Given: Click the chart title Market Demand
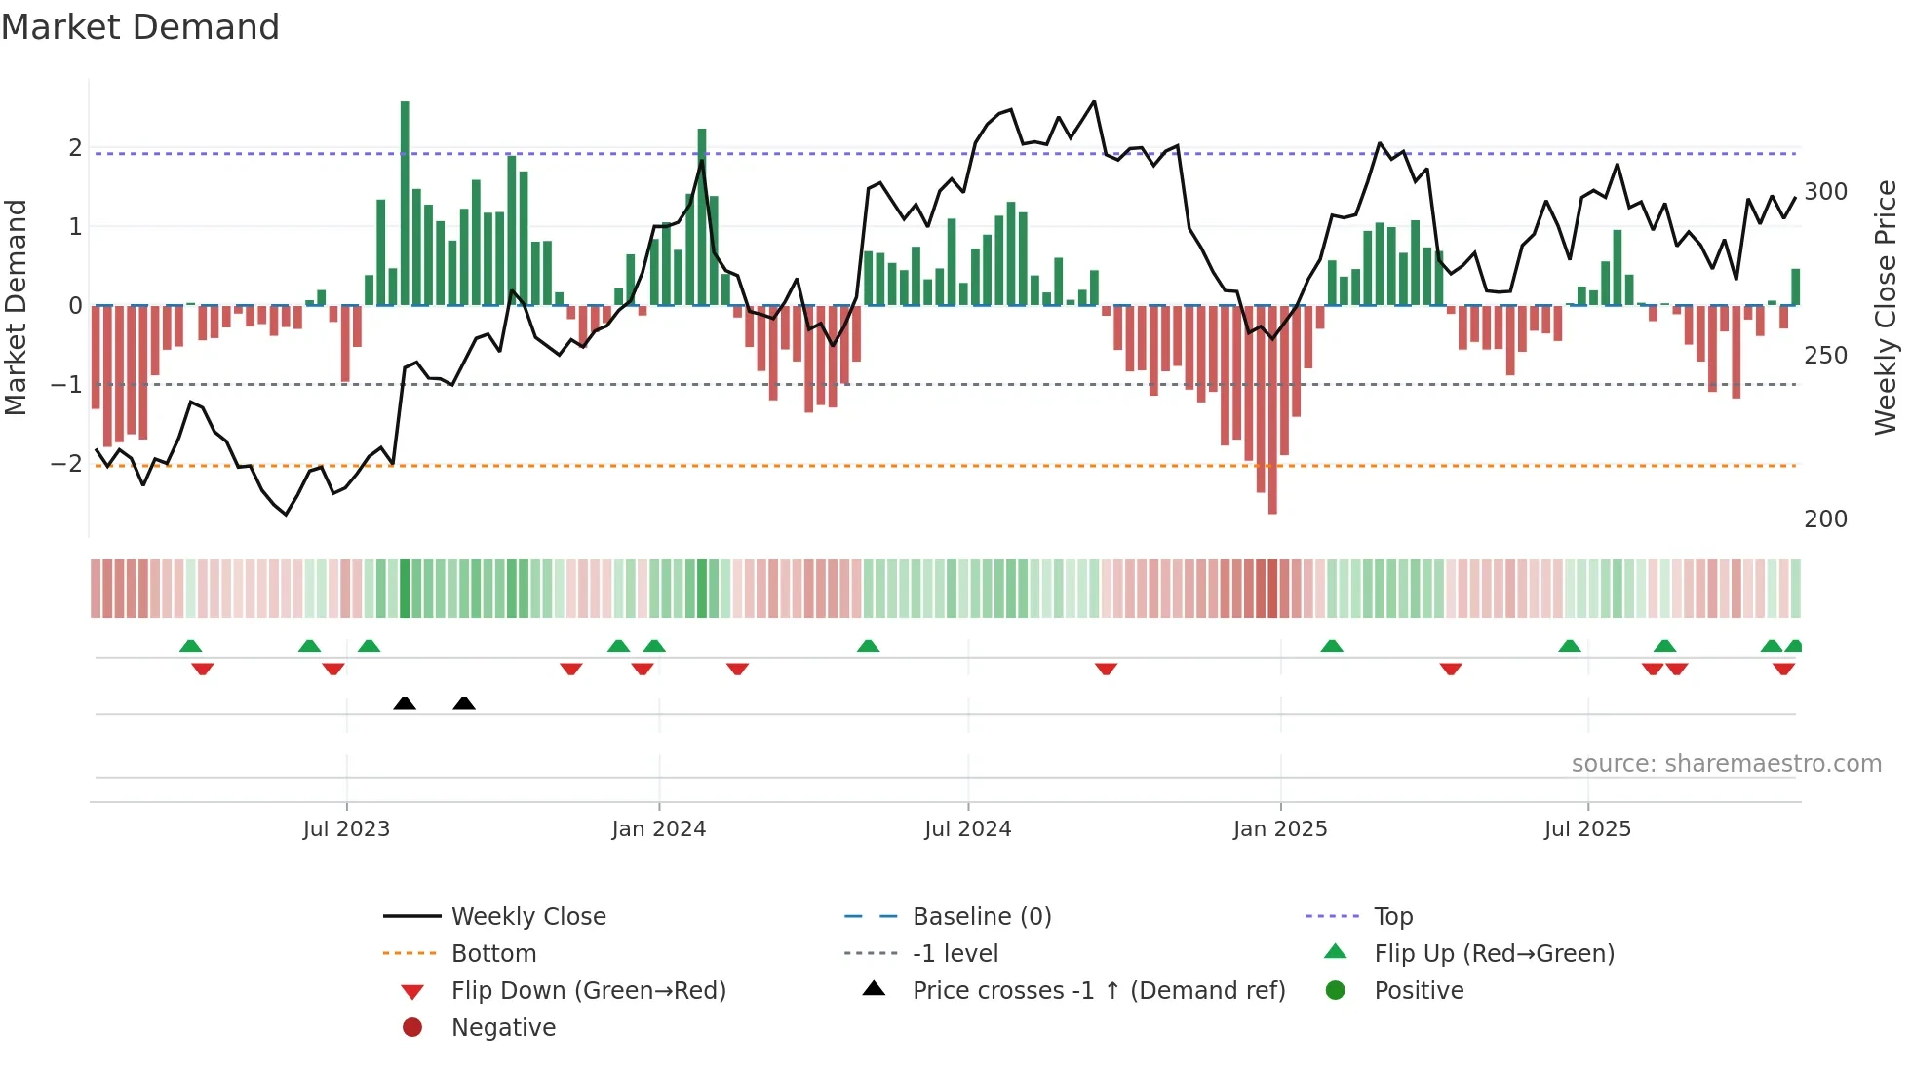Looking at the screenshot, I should pos(140,27).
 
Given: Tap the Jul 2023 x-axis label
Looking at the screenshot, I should pos(346,829).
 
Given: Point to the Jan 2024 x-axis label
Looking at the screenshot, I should pos(658,829).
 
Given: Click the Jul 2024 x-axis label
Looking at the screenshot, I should pos(967,829).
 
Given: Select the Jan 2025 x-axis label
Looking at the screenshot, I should pos(1279,829).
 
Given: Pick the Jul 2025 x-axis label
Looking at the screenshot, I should pos(1587,829).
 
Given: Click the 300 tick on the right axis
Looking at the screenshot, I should pos(1825,192).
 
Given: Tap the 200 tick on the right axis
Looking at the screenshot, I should pos(1825,519).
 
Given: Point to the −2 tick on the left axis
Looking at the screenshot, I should pos(66,464).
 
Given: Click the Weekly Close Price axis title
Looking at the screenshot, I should pos(1886,307).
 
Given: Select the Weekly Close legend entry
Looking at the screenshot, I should pos(527,917).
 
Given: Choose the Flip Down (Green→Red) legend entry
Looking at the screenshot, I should pos(588,991).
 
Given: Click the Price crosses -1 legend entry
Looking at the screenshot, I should pos(1098,991).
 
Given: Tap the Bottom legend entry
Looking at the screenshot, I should pos(493,954).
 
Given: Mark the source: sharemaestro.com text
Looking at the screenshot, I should pos(1726,764).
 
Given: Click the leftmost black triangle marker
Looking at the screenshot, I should pos(405,703).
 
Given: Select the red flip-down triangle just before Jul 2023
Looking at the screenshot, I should pos(333,669).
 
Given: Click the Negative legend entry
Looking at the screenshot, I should pos(503,1028).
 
